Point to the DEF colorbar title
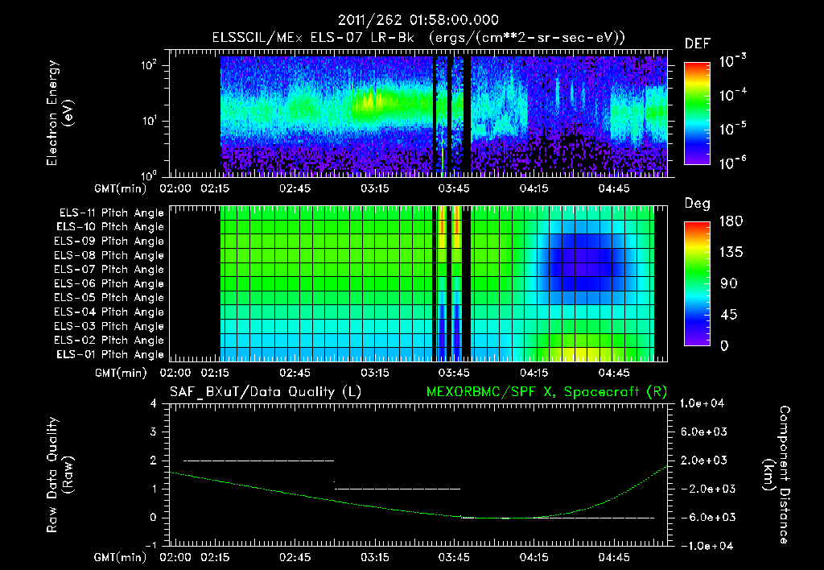click(697, 43)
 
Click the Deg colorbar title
click(697, 204)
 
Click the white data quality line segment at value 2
click(258, 461)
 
